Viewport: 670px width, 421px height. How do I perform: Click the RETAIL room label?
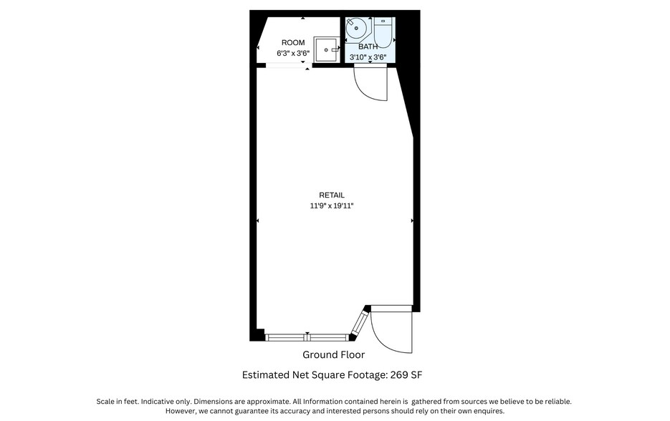click(332, 195)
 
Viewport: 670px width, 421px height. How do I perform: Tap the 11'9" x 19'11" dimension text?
click(332, 206)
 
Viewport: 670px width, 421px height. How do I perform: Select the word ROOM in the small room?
click(293, 43)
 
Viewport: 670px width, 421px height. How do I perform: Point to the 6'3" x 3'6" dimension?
click(292, 53)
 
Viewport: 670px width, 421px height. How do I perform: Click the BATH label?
click(368, 47)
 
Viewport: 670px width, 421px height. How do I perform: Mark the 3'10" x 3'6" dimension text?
click(368, 57)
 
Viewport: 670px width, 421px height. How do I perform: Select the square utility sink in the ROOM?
click(327, 49)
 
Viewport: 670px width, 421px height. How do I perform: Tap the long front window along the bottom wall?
click(307, 337)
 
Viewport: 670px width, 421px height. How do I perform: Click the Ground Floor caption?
click(333, 355)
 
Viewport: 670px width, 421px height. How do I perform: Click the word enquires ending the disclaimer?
click(489, 411)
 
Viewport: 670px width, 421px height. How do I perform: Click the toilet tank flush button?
click(383, 21)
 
